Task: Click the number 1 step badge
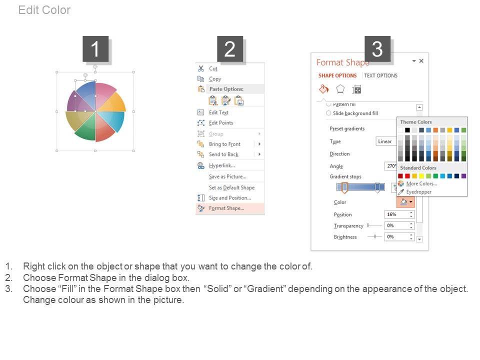95,49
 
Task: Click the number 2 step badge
230,49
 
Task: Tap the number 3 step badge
377,49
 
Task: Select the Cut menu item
213,68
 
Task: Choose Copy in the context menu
215,79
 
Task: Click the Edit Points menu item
221,123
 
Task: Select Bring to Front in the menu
224,144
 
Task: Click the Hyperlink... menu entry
222,165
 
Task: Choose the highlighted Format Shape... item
226,208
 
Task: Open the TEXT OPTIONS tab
381,75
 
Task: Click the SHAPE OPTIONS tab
337,75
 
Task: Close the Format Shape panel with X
421,61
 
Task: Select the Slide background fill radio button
328,113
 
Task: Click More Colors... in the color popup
421,183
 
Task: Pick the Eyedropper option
419,192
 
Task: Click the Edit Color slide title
44,10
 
